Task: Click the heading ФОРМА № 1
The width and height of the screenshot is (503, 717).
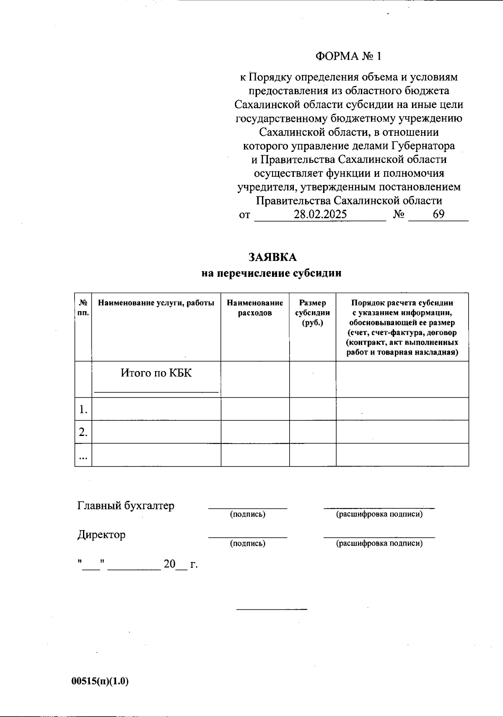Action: point(349,56)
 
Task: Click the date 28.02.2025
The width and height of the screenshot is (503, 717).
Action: point(320,214)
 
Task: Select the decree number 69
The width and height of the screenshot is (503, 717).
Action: point(438,214)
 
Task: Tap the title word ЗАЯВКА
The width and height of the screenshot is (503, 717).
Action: point(272,257)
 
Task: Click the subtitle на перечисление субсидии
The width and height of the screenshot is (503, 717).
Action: point(271,273)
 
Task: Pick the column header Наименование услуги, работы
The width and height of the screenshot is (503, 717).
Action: point(156,303)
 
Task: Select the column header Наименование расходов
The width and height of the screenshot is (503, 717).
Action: point(255,308)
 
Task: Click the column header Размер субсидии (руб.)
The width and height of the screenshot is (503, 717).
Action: point(312,312)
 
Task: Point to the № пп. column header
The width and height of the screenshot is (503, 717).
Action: point(83,308)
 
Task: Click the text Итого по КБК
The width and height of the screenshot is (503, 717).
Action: point(156,373)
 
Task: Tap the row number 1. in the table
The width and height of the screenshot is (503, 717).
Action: point(83,409)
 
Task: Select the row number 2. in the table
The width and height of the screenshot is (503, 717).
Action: point(83,432)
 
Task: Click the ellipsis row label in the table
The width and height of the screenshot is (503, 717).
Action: point(83,457)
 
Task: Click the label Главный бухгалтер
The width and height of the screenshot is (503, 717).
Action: point(126,506)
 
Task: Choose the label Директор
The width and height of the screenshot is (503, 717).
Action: point(101,534)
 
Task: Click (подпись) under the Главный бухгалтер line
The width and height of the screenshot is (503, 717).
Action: point(247,514)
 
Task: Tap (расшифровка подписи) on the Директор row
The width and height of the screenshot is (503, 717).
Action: point(379,543)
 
